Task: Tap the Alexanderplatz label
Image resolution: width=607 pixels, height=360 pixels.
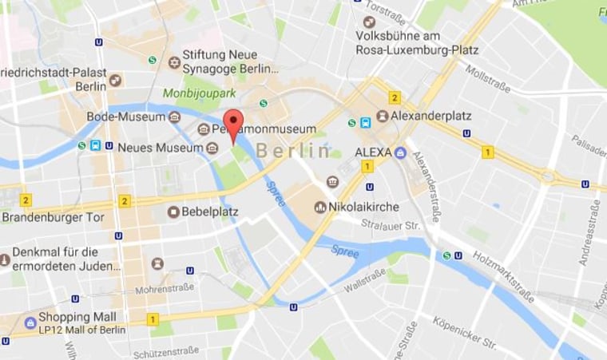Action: pyautogui.click(x=434, y=116)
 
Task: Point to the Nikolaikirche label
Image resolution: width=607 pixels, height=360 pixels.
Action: pyautogui.click(x=368, y=207)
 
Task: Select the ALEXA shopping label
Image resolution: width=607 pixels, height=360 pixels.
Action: pyautogui.click(x=371, y=152)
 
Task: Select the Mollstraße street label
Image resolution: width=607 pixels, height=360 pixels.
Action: pyautogui.click(x=488, y=78)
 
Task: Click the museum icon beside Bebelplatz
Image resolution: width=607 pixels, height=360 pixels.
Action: pyautogui.click(x=173, y=212)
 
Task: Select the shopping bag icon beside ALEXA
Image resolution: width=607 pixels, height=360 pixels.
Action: pyautogui.click(x=400, y=152)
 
